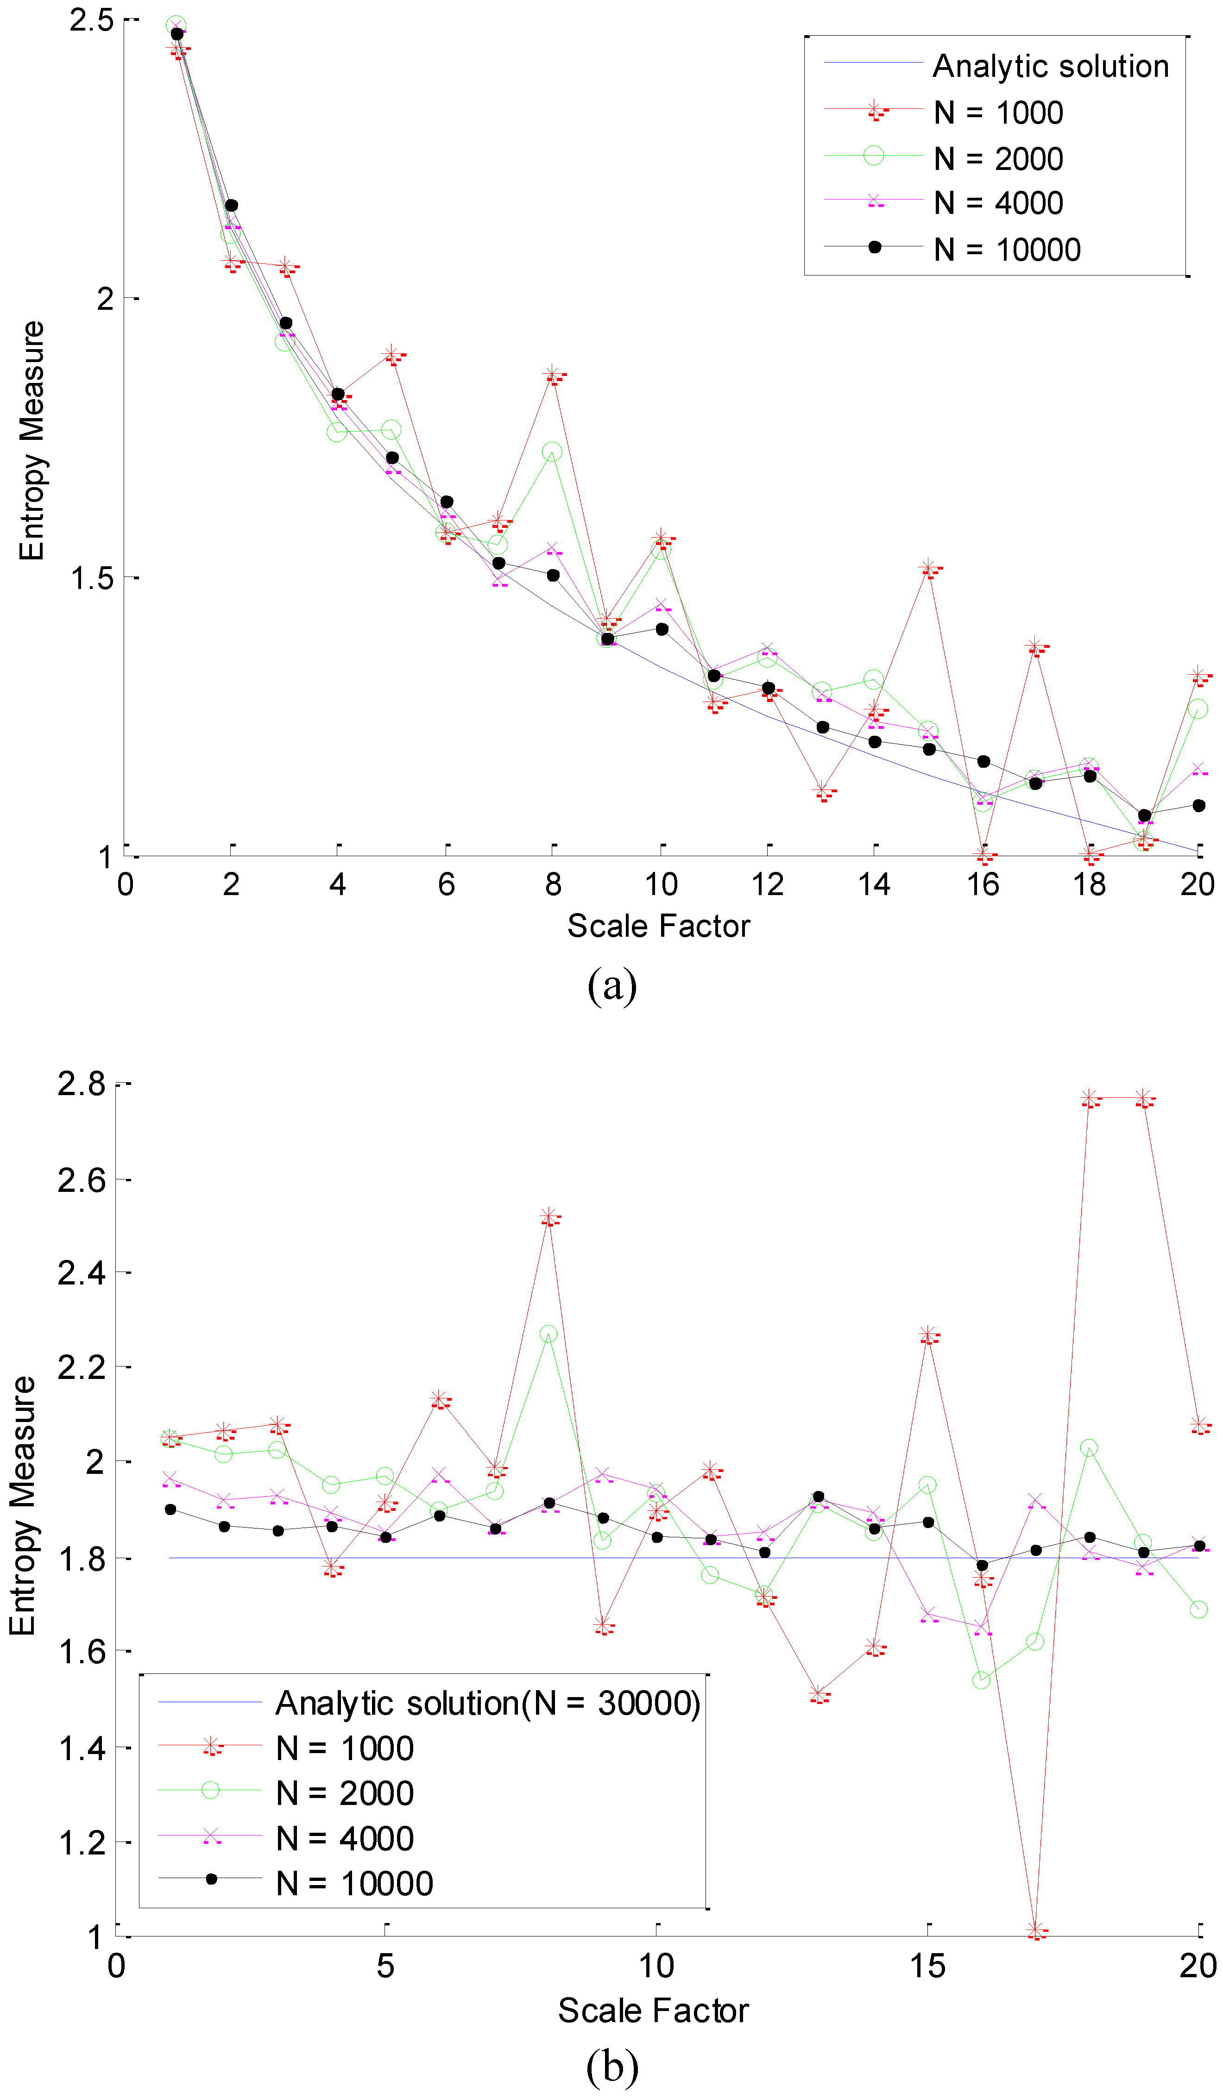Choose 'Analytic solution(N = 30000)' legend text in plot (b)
pyautogui.click(x=487, y=1704)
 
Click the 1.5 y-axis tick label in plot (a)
pyautogui.click(x=92, y=577)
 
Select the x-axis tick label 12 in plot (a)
pyautogui.click(x=767, y=884)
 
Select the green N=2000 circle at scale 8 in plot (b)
pyautogui.click(x=548, y=1335)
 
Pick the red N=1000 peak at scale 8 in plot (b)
pyautogui.click(x=548, y=1217)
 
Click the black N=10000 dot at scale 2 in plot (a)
pyautogui.click(x=232, y=205)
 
